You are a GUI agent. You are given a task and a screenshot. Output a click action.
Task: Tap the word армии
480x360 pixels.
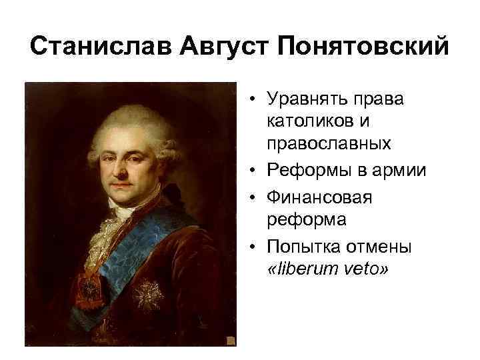(399, 171)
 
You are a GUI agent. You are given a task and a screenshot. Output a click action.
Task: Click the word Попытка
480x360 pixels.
(301, 247)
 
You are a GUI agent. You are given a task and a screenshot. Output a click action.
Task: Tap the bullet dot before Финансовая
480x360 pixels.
(255, 198)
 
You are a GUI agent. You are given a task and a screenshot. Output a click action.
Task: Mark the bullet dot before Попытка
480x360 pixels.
(255, 247)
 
